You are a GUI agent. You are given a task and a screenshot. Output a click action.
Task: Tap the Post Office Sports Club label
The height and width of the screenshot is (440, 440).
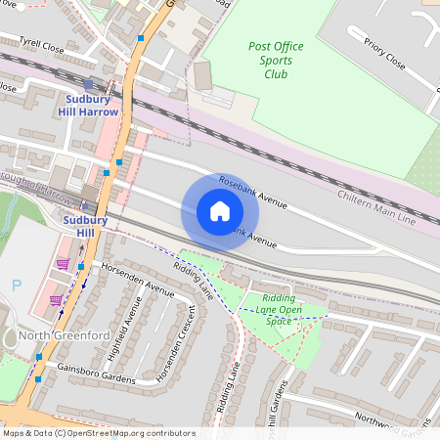click(276, 60)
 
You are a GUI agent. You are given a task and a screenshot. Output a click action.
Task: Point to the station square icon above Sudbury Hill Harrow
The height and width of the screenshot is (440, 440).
click(88, 85)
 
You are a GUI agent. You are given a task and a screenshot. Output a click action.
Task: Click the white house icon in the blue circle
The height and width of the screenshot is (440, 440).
click(220, 211)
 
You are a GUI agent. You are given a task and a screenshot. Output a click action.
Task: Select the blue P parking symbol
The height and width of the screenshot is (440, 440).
click(16, 286)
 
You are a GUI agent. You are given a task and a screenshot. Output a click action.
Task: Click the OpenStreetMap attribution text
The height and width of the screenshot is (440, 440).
click(98, 433)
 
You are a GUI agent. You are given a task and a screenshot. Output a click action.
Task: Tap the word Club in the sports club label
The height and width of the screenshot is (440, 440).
click(276, 73)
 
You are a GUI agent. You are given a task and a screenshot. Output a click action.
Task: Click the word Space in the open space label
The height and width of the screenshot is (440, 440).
click(279, 321)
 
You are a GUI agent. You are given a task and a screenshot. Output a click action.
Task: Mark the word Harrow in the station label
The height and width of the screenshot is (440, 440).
click(99, 111)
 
